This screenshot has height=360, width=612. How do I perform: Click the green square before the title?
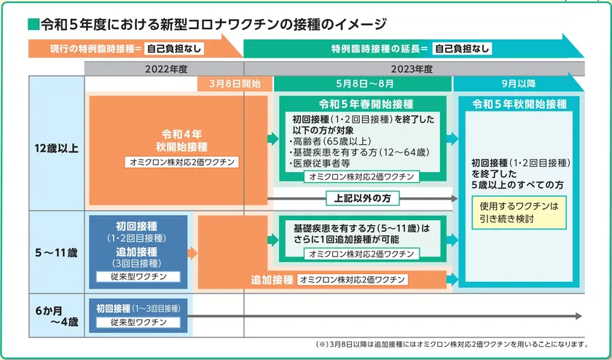(x=34, y=24)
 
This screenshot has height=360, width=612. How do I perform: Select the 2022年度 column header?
(x=166, y=69)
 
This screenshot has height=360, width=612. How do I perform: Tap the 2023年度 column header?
(x=412, y=69)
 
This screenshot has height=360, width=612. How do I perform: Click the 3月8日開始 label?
(x=235, y=84)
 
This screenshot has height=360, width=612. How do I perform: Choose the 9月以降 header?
(x=519, y=84)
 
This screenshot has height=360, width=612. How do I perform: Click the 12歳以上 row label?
(x=56, y=149)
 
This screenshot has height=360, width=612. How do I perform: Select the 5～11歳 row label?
(x=56, y=253)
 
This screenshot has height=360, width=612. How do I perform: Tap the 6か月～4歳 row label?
(x=57, y=316)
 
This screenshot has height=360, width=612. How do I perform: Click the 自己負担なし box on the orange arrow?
(x=174, y=49)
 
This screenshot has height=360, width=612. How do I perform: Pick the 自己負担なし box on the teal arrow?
(x=462, y=49)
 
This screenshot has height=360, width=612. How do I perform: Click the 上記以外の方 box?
(x=363, y=198)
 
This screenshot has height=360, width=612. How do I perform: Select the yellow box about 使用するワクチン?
(x=519, y=212)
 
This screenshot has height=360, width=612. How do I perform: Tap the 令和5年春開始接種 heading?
(x=366, y=104)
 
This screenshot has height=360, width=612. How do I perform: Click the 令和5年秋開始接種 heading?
(x=519, y=104)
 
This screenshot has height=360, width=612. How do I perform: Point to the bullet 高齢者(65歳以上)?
(x=330, y=141)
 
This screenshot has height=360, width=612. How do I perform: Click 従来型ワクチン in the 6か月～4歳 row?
(x=138, y=323)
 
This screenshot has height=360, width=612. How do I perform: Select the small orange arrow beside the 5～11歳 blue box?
(x=192, y=253)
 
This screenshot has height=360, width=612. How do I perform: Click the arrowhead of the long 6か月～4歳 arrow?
(x=578, y=316)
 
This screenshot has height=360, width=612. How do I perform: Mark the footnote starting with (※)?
(x=452, y=345)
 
